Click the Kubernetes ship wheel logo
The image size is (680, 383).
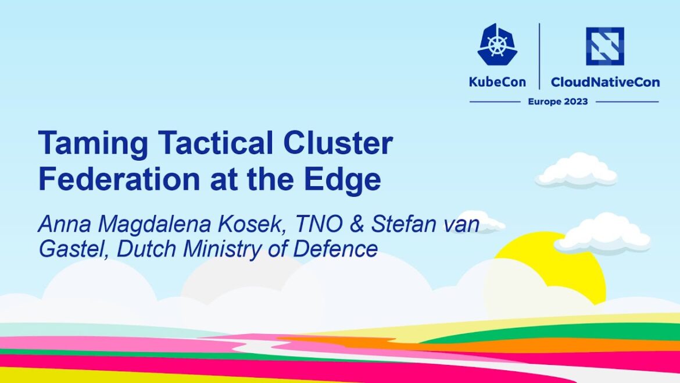(x=497, y=44)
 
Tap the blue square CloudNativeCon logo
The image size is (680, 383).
(x=604, y=46)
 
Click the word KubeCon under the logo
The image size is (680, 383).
(x=497, y=82)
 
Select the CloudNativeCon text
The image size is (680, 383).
(x=605, y=82)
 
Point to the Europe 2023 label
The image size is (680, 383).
(x=557, y=101)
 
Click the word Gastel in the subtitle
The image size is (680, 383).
(x=72, y=249)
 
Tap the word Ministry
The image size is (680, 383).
(x=228, y=249)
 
